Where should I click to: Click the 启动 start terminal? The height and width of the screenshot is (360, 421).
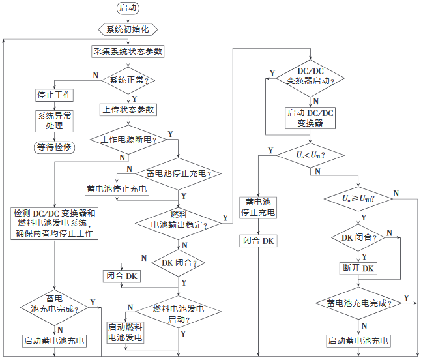pos(128,8)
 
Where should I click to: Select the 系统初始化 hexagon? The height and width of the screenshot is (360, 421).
pos(128,29)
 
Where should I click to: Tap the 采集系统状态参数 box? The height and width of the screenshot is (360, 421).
pos(128,51)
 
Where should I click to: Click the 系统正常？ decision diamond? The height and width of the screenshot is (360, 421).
pos(128,80)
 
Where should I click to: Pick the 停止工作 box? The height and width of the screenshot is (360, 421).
pos(54,95)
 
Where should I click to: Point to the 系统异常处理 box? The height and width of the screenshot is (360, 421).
pos(54,120)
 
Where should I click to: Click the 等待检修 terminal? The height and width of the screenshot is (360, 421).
pos(54,147)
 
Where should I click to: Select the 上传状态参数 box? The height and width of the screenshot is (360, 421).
pos(128,109)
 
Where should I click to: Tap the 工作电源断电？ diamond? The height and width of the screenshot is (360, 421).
pos(128,139)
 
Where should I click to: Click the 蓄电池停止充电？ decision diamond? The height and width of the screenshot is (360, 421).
pos(179,173)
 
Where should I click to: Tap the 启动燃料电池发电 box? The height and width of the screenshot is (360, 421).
pos(125,333)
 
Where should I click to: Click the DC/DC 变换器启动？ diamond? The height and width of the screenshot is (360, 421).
pos(311,76)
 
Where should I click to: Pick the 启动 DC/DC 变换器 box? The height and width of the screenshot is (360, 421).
pos(311,117)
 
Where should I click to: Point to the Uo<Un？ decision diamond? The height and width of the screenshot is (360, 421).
pos(311,155)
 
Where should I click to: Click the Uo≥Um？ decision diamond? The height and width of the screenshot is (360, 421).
pos(358,198)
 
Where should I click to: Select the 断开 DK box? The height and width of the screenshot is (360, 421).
pos(358,268)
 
